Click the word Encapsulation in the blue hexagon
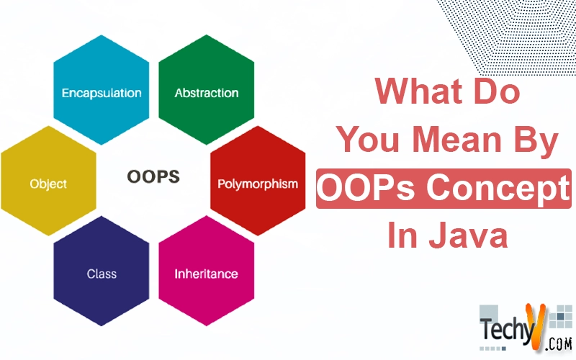click(102, 94)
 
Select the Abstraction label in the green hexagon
click(207, 93)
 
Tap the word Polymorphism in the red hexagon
click(258, 184)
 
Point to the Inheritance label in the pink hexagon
click(206, 274)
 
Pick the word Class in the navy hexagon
click(102, 274)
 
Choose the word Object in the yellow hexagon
click(48, 184)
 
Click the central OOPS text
click(153, 176)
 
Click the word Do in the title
click(497, 91)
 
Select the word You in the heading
click(368, 139)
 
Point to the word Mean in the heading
click(456, 139)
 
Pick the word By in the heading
click(536, 141)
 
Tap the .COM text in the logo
click(559, 344)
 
